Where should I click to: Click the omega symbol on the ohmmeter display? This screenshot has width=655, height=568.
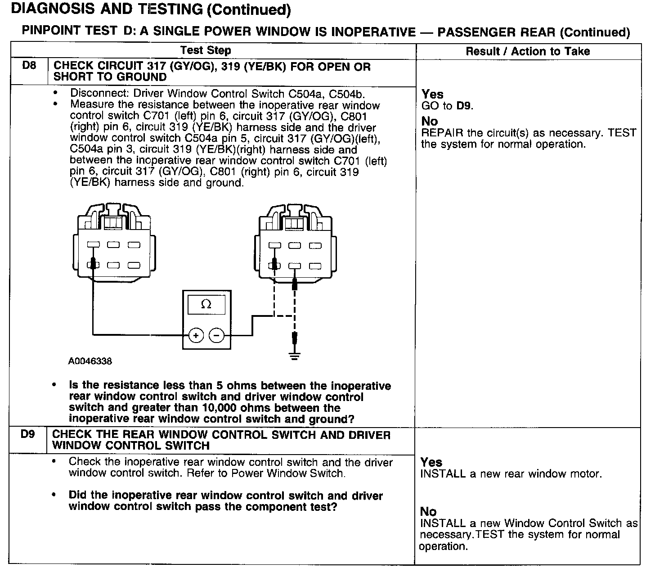pos(206,305)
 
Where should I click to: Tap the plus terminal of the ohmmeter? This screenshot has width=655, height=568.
pos(196,335)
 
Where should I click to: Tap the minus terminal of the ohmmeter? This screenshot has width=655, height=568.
pos(217,335)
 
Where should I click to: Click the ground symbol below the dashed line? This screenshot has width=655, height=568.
pos(294,357)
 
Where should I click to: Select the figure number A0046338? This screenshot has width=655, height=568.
pos(90,361)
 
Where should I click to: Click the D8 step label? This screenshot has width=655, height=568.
pos(29,66)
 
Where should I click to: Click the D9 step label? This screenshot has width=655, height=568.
pos(27,434)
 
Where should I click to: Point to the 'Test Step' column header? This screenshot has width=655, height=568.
pos(206,50)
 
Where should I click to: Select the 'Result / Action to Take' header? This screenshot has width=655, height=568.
pos(527,51)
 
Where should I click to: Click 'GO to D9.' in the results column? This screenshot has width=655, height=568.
pos(447,106)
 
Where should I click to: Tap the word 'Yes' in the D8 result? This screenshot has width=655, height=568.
pos(432,95)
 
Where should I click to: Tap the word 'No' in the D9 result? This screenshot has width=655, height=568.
pos(428,511)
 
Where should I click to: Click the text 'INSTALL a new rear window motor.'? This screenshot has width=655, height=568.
pos(511,474)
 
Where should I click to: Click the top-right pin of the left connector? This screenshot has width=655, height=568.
pos(134,245)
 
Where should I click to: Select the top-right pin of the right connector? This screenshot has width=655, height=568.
pos(315,246)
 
